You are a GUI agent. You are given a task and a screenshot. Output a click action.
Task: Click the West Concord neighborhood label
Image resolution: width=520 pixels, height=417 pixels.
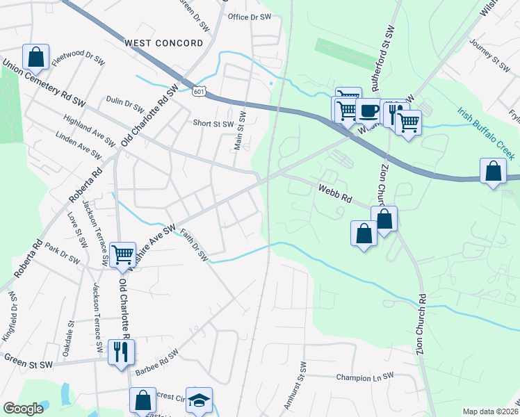click(164, 43)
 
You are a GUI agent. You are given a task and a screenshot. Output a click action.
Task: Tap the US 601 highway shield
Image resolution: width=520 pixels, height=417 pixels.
click(200, 90)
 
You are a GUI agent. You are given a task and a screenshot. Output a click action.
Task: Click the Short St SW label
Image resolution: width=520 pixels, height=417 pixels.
click(213, 124)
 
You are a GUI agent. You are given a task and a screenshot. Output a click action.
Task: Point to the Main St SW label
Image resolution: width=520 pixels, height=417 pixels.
click(240, 130)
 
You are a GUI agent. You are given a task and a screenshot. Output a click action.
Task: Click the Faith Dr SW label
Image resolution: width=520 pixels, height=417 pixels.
click(194, 246)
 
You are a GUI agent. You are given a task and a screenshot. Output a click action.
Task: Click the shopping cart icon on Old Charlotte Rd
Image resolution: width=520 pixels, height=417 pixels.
click(122, 254)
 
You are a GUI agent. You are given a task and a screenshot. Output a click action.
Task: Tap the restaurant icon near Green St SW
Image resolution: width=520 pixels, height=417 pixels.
click(121, 352)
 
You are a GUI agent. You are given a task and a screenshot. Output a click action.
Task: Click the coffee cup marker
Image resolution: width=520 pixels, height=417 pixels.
click(368, 109)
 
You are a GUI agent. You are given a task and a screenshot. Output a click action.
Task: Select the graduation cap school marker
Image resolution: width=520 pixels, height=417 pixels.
click(199, 400)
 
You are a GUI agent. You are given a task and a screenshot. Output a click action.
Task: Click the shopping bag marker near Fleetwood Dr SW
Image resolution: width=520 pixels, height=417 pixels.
click(36, 56)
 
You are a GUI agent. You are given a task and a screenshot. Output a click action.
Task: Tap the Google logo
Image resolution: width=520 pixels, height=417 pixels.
click(24, 409)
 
